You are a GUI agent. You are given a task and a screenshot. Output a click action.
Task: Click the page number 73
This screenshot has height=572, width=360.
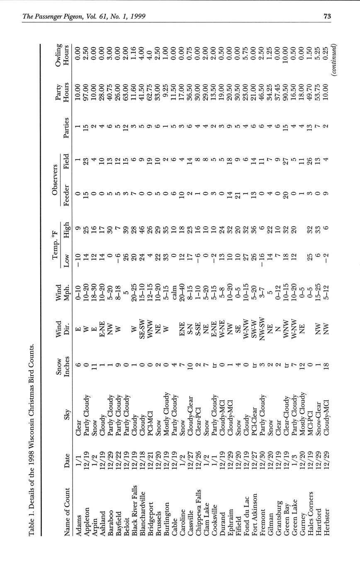pyautogui.click(x=327, y=17)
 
